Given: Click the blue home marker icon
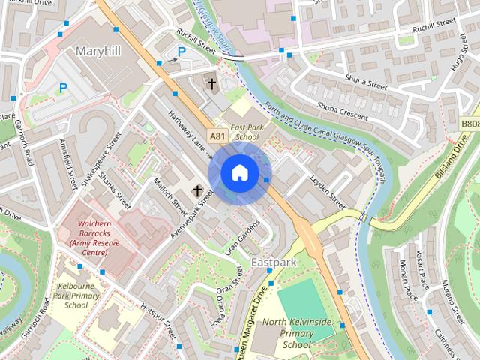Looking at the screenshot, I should click(239, 172).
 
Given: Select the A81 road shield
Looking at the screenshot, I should click(217, 136).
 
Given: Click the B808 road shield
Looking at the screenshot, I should click(469, 124).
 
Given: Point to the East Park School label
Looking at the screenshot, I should click(246, 133).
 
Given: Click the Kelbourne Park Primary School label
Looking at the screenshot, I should click(76, 295).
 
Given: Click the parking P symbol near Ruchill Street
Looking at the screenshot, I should click(181, 52).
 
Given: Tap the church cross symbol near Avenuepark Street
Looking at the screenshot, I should click(199, 191).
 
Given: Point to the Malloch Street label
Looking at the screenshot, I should click(170, 193).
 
